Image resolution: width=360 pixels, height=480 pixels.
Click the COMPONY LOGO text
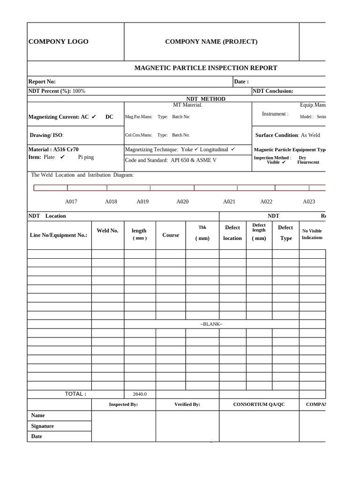point(59,42)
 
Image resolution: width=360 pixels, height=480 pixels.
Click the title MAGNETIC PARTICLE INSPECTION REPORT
point(206,68)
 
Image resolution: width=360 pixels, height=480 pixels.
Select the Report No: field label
point(42,82)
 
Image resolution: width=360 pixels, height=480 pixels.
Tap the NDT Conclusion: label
point(273,91)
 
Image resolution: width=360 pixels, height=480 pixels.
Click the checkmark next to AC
point(94,117)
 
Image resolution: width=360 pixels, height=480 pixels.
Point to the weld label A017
point(71,202)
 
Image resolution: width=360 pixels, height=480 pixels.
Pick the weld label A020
point(182,202)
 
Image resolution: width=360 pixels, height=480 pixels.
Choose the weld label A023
point(309,202)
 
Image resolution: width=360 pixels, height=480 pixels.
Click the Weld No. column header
point(107,231)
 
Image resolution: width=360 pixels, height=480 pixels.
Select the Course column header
point(171,235)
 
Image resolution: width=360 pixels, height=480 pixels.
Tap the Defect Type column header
point(285,232)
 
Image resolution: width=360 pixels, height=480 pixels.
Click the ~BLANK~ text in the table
point(211,324)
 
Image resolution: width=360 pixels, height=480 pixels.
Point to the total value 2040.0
point(140,394)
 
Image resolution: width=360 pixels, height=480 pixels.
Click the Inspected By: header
point(123,404)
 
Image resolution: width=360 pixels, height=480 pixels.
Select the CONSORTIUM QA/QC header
point(259,404)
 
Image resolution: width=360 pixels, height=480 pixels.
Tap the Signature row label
point(43,426)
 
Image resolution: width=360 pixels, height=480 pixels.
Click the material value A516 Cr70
point(66,150)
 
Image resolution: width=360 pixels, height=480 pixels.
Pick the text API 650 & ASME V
point(194,160)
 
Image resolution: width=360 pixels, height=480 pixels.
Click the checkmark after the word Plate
point(62,157)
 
